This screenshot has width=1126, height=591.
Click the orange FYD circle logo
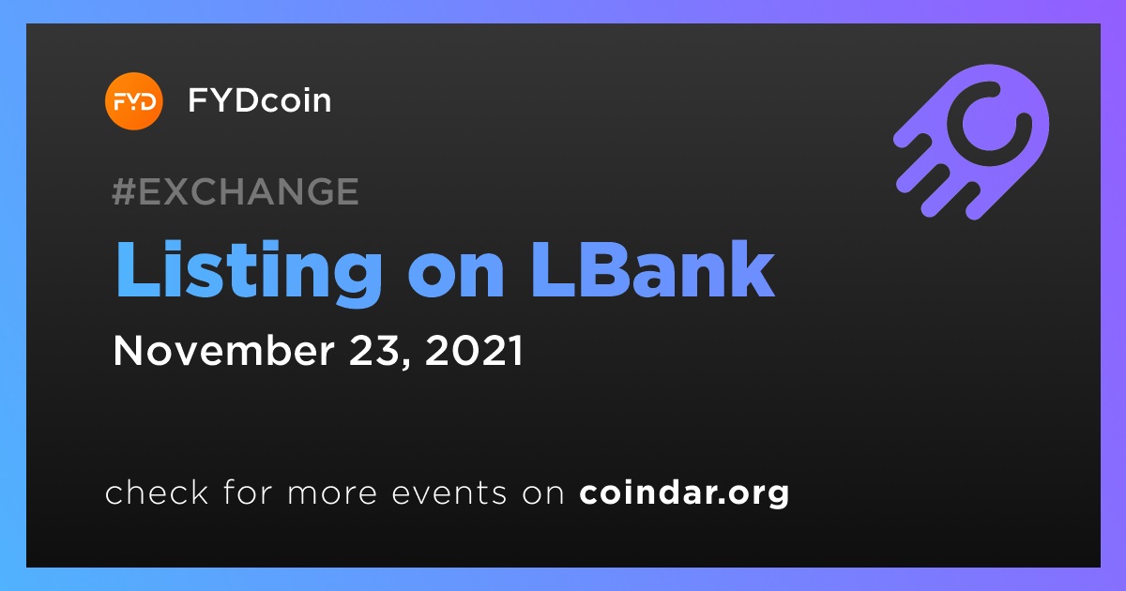tap(133, 101)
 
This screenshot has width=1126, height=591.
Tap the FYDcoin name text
tap(259, 100)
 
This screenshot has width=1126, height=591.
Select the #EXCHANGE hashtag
tap(236, 191)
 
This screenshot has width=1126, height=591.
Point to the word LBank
tap(652, 269)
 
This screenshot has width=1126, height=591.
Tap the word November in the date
tap(223, 350)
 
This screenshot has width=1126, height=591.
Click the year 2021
tap(474, 350)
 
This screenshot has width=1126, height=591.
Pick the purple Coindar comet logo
tap(972, 142)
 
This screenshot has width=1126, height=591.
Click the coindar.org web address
tap(684, 493)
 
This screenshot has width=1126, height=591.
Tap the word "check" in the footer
tap(157, 492)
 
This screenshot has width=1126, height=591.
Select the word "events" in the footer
tap(449, 493)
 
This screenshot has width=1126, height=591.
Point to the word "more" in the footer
tap(332, 493)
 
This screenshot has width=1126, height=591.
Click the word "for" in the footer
tap(248, 492)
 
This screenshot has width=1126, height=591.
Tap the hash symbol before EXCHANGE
tap(124, 191)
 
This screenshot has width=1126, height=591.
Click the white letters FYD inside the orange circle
tap(134, 102)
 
